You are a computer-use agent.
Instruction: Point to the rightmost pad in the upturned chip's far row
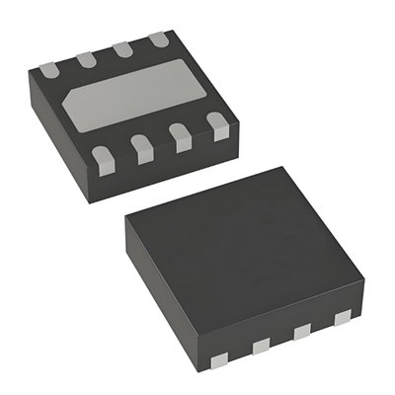point(158,40)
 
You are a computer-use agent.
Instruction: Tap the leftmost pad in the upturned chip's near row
point(101,155)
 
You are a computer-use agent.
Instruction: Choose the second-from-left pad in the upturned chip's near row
point(142,148)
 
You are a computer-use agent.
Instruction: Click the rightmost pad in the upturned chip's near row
point(216,124)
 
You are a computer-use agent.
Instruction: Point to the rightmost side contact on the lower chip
point(342,319)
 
